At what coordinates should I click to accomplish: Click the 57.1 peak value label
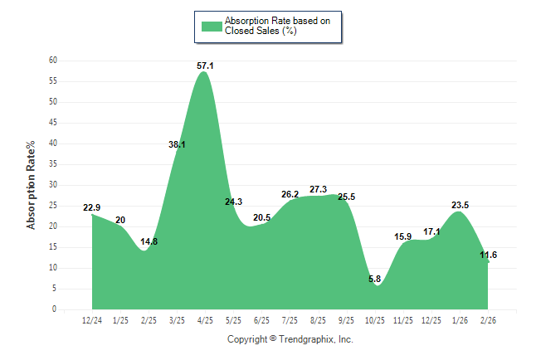tap(205, 66)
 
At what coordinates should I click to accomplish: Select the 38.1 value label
tap(177, 144)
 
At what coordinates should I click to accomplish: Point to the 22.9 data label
tap(91, 207)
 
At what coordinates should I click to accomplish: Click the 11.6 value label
tap(488, 255)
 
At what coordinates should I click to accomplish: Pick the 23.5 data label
tap(460, 205)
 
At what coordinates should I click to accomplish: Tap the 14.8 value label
tap(149, 241)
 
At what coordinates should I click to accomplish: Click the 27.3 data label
tap(318, 189)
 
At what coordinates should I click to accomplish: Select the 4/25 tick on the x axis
tap(205, 319)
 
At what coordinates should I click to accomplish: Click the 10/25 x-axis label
tap(375, 319)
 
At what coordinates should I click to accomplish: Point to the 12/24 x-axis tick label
tap(92, 319)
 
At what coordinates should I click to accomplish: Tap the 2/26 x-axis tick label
tap(489, 319)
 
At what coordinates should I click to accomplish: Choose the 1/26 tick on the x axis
tap(460, 319)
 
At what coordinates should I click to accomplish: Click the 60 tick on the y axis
tap(53, 61)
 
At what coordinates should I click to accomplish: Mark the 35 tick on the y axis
tap(53, 164)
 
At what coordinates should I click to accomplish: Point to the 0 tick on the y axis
tap(55, 309)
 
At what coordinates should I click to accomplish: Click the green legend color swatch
tap(212, 26)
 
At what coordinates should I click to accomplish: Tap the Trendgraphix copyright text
tap(290, 339)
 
